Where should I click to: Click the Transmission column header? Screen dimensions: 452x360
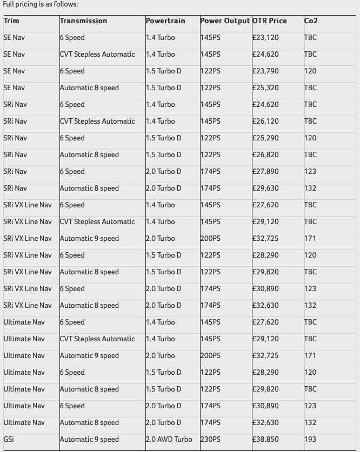(x=83, y=21)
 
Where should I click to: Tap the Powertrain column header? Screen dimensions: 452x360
(x=165, y=21)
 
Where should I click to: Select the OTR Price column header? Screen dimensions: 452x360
(x=270, y=21)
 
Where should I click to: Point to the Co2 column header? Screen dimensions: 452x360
(x=311, y=21)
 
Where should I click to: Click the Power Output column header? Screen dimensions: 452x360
(x=225, y=21)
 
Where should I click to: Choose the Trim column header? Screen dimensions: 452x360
(x=11, y=21)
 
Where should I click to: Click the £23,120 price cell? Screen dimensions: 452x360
(x=265, y=38)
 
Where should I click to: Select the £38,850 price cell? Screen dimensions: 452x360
(x=265, y=440)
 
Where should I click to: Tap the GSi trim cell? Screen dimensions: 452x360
(x=9, y=440)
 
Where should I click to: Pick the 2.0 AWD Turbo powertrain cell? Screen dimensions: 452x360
(x=169, y=440)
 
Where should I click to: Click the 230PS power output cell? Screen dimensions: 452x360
(x=210, y=440)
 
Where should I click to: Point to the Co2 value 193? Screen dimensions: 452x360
(x=310, y=440)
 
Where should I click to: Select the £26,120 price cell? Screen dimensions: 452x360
(x=265, y=122)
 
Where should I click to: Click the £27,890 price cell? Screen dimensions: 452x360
(x=265, y=172)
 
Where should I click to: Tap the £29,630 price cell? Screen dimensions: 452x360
(x=265, y=188)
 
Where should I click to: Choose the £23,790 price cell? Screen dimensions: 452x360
(x=265, y=71)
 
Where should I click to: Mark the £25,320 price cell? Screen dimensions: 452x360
(x=265, y=88)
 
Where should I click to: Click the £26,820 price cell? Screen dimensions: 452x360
(x=265, y=155)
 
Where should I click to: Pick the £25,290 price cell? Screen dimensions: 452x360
(x=265, y=138)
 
